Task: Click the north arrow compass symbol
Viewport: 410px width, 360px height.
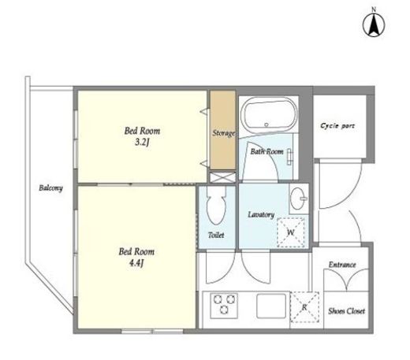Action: coord(374,24)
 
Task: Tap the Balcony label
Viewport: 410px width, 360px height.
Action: coord(50,188)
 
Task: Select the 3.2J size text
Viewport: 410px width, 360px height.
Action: coord(142,143)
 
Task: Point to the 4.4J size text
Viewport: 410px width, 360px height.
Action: coord(136,263)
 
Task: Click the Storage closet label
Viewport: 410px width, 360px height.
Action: coord(223,133)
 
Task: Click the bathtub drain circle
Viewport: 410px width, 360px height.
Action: coord(266,124)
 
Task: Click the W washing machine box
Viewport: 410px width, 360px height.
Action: coord(291,232)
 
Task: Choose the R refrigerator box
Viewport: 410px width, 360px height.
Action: coord(304,307)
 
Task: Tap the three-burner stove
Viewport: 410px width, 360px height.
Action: coord(224,306)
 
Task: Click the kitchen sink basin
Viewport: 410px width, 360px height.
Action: coord(271,306)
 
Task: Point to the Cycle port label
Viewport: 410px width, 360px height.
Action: coord(337,126)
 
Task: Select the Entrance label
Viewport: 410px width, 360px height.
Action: coord(342,265)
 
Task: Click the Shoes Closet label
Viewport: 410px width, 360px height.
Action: coord(346,311)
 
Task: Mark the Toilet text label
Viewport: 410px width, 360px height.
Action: coord(216,235)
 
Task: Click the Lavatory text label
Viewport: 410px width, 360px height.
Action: coord(261,215)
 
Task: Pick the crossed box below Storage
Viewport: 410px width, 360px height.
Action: coord(222,177)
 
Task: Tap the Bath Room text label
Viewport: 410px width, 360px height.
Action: coord(266,151)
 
